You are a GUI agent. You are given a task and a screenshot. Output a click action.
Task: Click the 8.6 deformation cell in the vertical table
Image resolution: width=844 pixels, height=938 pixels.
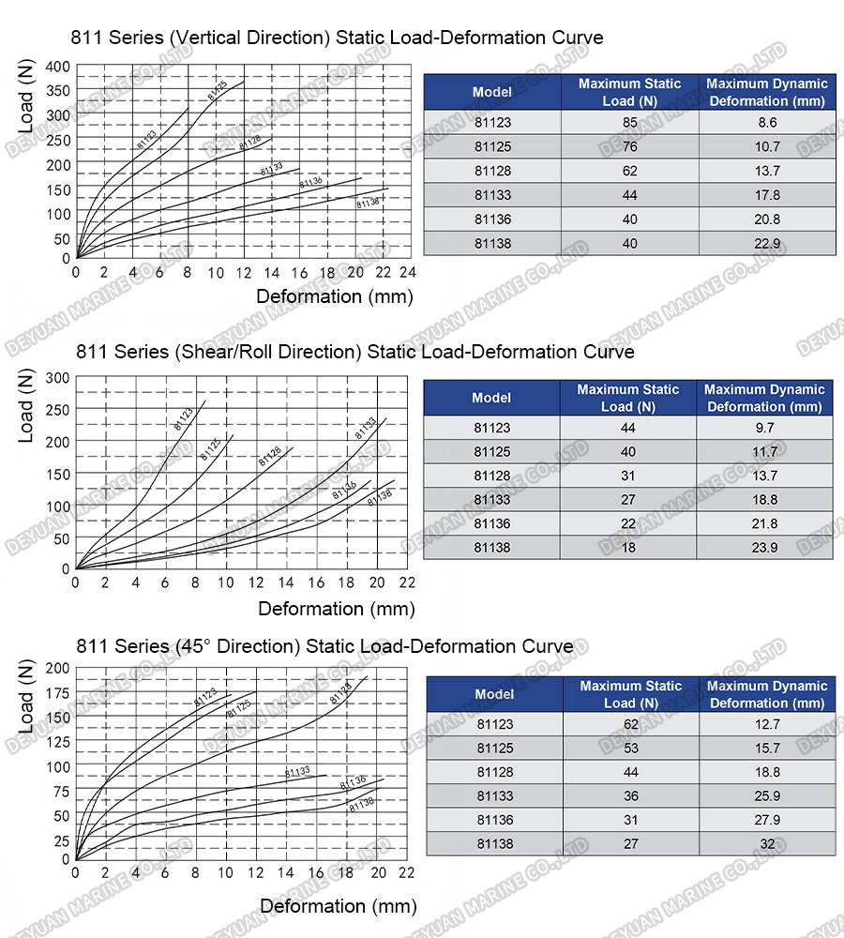click(767, 122)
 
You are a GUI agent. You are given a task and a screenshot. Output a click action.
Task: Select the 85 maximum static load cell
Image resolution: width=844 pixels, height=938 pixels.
click(629, 122)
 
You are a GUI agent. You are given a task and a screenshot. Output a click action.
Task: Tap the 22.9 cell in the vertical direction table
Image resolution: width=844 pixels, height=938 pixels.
click(767, 244)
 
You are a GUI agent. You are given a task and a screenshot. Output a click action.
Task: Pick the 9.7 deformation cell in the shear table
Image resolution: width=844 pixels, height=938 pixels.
click(765, 428)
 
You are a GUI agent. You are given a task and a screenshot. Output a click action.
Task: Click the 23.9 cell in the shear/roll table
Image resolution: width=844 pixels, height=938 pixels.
click(765, 548)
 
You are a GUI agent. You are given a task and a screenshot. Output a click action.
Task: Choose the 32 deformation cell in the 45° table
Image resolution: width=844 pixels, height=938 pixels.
click(767, 844)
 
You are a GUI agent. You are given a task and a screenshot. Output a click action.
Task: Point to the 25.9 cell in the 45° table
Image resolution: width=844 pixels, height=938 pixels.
click(767, 796)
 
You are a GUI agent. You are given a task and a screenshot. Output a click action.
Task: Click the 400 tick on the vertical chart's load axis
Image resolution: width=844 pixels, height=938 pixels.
click(59, 67)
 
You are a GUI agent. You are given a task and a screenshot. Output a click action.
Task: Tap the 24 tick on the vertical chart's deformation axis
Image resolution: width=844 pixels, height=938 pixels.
click(408, 273)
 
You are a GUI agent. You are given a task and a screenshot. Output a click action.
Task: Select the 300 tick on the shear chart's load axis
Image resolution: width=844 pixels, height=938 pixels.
click(59, 377)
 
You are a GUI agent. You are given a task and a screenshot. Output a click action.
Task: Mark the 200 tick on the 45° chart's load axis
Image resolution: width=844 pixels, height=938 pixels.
click(59, 668)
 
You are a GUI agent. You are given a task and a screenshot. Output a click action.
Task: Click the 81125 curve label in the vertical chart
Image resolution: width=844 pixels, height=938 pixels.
click(218, 91)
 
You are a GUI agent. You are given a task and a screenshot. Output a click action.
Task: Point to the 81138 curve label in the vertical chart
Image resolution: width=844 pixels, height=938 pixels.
click(368, 202)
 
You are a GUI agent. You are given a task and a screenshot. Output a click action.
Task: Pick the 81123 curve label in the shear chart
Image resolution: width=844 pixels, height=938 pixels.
click(184, 417)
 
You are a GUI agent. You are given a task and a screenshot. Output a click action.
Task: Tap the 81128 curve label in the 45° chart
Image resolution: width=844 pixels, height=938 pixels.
click(341, 693)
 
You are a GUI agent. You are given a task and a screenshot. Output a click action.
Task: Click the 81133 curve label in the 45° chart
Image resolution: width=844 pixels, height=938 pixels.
click(297, 772)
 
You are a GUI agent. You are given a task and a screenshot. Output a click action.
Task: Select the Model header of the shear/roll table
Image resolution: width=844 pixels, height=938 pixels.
click(491, 398)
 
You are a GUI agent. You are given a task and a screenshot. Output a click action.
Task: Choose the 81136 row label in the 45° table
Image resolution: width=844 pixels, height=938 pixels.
click(494, 820)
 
